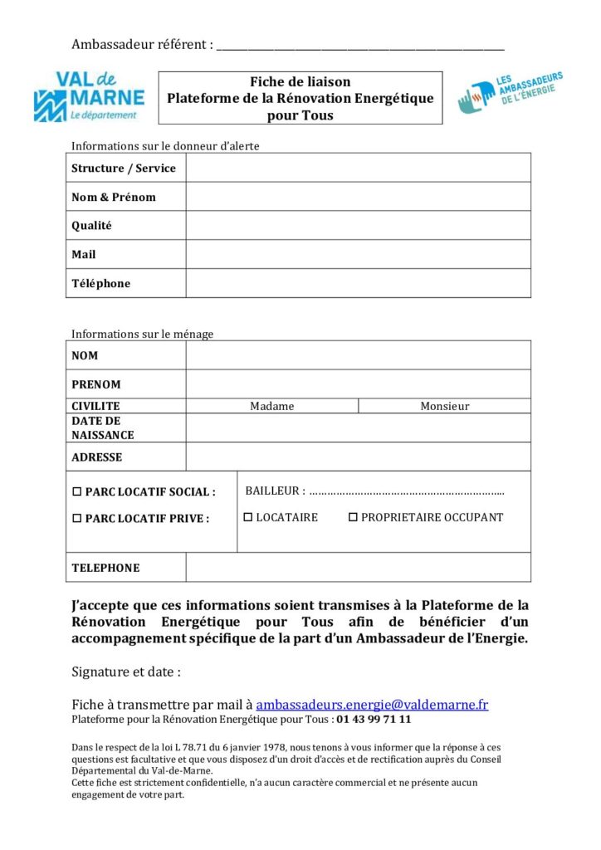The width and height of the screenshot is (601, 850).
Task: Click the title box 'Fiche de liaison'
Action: coord(300,98)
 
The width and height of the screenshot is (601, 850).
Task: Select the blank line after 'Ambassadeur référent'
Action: coord(359,46)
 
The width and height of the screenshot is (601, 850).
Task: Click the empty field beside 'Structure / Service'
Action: coord(358,168)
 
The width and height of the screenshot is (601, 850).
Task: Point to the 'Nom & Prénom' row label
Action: coord(114,197)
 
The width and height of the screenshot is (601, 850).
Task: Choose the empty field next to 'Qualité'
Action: coord(358,226)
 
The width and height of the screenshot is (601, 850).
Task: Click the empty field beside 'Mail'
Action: coord(358,254)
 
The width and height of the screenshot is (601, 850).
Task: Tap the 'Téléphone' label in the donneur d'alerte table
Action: coord(101,283)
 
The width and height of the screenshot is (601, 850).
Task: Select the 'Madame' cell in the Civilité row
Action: coord(272,406)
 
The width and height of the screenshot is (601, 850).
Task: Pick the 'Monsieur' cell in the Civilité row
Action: coord(444,406)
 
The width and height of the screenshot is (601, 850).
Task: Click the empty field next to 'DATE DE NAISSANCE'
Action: coord(358,427)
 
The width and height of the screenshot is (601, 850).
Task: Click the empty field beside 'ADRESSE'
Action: coord(358,457)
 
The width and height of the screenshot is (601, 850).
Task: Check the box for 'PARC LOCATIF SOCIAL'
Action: coord(77,491)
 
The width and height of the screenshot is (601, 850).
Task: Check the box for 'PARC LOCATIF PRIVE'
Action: coord(77,519)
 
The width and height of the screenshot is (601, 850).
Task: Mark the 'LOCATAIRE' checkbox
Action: coord(248,517)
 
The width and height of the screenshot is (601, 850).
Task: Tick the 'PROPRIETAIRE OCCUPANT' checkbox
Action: coord(353,517)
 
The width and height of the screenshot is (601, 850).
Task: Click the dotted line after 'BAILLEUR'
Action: coord(407,492)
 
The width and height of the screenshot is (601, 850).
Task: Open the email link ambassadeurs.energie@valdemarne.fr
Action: coord(372,705)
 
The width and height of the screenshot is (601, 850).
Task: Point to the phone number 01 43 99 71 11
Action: coord(374,720)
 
